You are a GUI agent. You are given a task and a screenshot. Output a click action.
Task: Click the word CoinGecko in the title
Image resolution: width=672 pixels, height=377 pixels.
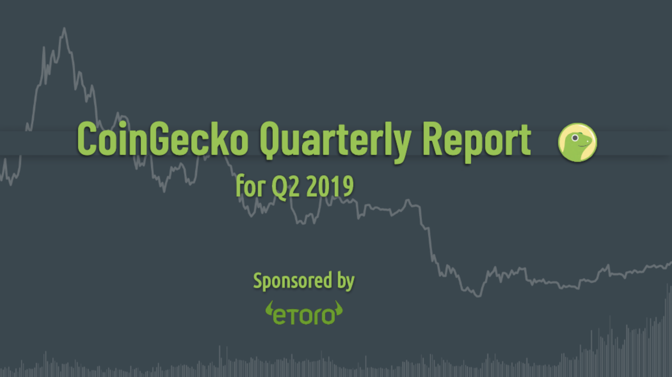pos(163,139)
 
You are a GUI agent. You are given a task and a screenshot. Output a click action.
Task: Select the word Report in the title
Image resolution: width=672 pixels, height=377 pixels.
pos(477,142)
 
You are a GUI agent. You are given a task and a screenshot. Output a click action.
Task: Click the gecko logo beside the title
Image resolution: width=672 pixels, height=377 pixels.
pos(578,142)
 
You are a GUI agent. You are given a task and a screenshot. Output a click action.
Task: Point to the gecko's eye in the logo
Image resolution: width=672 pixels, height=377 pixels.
pos(575,138)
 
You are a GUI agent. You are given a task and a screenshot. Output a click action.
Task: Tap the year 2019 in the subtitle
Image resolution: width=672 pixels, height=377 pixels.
pos(330,187)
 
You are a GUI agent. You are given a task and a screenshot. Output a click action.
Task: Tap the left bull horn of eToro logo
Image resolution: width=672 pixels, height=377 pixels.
pos(269,309)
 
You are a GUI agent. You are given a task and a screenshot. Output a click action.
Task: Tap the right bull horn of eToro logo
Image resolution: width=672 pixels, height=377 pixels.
pos(339,309)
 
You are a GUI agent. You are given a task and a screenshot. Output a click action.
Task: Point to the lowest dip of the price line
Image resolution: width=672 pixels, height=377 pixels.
pos(478,296)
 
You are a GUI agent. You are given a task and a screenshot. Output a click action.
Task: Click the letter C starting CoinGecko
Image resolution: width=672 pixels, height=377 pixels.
pos(87,139)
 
